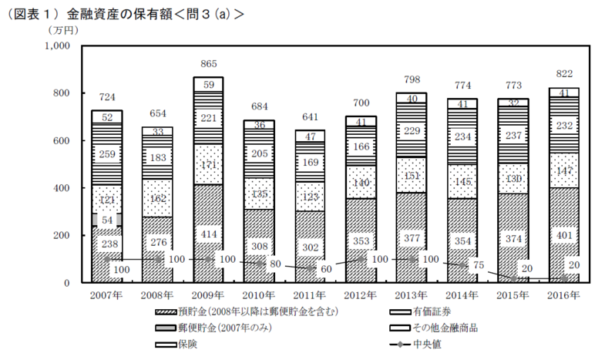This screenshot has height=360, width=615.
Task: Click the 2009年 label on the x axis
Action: click(x=207, y=295)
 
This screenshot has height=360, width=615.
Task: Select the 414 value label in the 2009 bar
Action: click(x=208, y=232)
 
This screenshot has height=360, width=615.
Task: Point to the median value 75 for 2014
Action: click(x=479, y=266)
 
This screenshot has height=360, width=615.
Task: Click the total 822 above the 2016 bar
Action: click(x=565, y=75)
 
